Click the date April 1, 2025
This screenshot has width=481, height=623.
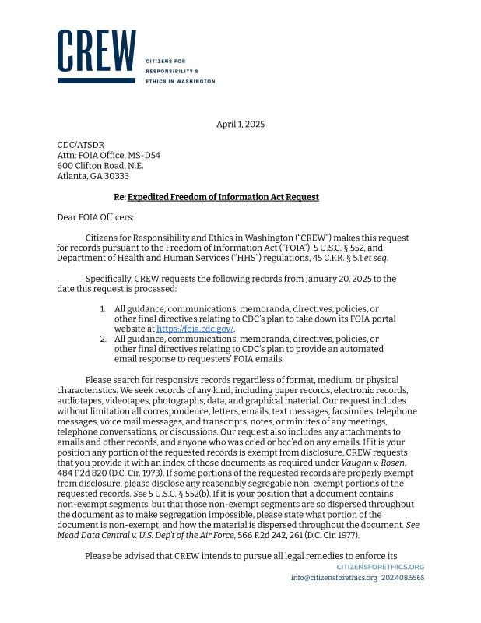click(x=240, y=125)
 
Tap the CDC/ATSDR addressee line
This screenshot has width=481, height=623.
click(x=80, y=145)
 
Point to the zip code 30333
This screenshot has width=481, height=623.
click(x=116, y=176)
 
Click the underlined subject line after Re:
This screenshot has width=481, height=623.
click(x=223, y=197)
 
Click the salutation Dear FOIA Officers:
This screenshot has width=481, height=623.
click(x=96, y=217)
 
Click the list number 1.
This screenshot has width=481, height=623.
click(x=103, y=309)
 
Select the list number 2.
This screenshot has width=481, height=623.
click(x=103, y=339)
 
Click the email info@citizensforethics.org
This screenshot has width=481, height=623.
click(x=334, y=578)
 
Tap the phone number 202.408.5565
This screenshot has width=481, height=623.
click(x=403, y=578)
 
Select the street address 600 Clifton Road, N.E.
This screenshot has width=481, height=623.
click(x=100, y=165)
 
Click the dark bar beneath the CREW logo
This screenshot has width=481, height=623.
click(x=97, y=79)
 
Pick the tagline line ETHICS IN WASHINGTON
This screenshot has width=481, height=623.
click(x=181, y=81)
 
